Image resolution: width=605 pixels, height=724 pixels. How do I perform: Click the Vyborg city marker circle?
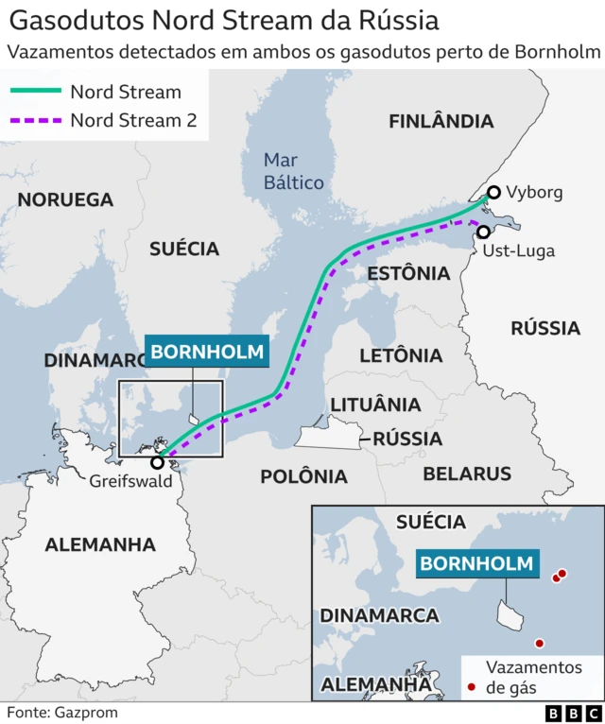coord(493,192)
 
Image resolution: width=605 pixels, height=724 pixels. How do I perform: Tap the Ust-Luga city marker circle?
coord(483,232)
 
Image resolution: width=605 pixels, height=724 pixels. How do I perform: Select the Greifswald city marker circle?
coord(157,462)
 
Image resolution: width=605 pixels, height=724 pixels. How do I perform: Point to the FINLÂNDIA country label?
coord(441,121)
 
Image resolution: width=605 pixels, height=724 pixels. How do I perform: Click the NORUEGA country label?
coord(65,199)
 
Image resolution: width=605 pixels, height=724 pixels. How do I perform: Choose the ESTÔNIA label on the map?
coord(407,273)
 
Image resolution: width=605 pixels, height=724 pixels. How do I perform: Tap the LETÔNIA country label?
coord(401,355)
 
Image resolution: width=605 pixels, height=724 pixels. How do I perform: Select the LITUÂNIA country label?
coord(375,405)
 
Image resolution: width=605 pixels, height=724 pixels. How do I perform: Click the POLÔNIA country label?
coord(304,475)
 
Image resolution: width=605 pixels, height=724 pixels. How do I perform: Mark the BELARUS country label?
coord(467,474)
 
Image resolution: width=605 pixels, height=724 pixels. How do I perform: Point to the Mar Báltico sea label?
coord(293,171)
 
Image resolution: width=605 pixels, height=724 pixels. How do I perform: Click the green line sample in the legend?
coord(35,92)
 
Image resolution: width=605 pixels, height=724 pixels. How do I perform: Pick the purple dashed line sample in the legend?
coord(35,121)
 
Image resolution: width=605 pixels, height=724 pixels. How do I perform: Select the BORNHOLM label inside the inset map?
coord(477,564)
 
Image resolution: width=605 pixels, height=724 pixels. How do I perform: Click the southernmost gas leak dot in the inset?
coord(540,643)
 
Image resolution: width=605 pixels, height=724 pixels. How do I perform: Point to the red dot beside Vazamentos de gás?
coord(471,687)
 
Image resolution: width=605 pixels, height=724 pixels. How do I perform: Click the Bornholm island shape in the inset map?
coord(510,615)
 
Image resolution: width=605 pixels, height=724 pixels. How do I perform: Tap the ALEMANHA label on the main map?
coord(99,544)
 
